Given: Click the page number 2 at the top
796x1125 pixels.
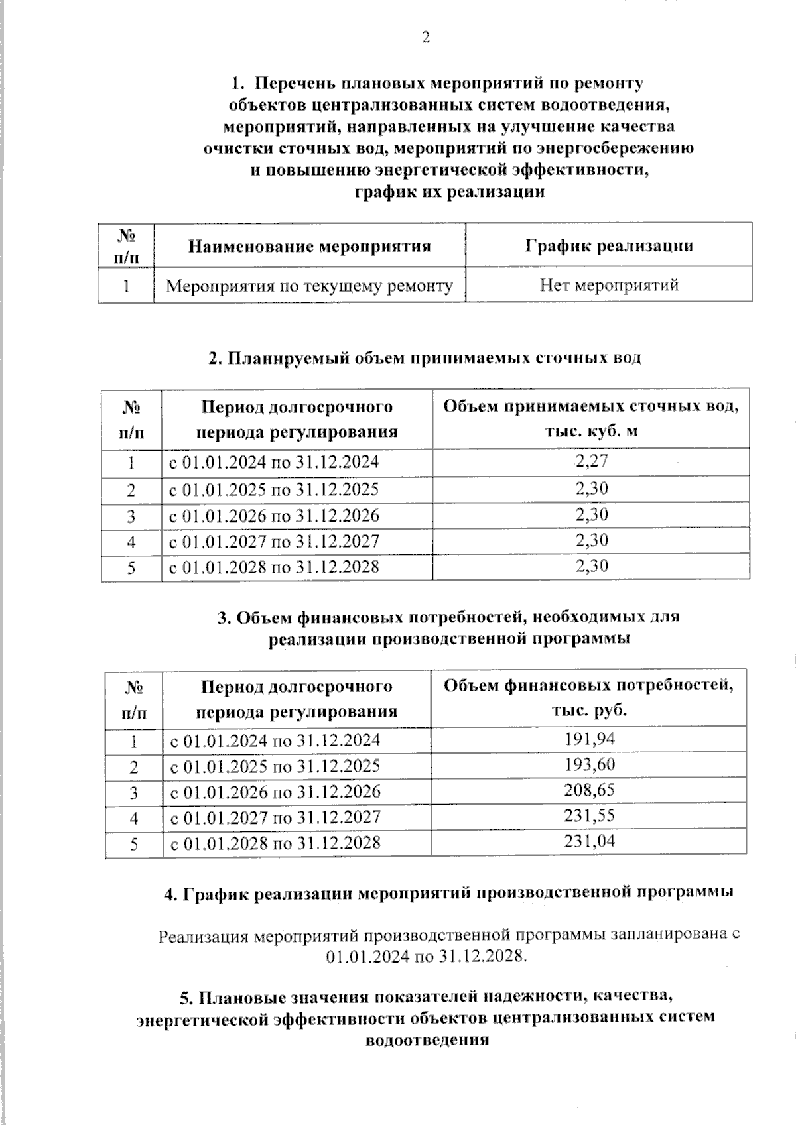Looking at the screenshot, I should tap(425, 38).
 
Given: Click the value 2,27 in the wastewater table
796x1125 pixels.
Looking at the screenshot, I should tap(592, 461).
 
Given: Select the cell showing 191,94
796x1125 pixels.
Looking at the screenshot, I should tap(590, 739).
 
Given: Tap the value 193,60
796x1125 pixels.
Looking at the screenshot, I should tap(590, 764).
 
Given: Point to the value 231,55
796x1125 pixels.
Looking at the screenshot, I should tap(590, 815).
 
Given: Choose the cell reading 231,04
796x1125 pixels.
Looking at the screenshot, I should tap(590, 841).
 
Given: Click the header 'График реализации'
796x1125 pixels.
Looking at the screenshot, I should tap(609, 246).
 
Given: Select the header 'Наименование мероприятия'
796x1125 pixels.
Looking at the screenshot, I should tap(310, 247).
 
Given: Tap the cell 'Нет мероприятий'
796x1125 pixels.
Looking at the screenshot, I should tap(609, 286).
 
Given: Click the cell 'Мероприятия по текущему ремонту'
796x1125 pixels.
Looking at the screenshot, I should tap(310, 286).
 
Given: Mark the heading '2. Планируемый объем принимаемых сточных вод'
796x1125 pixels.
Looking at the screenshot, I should tap(425, 359).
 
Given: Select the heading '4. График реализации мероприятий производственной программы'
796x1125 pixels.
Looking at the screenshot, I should tap(448, 893).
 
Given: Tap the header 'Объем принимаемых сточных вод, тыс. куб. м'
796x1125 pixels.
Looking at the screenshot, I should tap(591, 418).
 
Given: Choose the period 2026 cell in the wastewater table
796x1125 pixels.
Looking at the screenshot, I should tap(274, 516).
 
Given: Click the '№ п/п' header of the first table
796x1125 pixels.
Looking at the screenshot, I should tap(126, 246).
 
